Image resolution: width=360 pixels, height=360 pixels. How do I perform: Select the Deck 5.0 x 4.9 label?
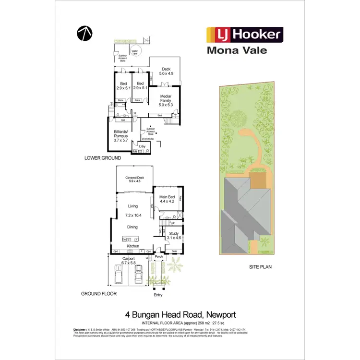point(166,71)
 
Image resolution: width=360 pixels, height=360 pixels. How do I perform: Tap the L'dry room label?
point(142,146)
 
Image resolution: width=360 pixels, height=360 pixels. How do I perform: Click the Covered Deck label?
point(135,180)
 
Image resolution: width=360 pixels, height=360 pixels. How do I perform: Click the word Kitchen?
point(133,246)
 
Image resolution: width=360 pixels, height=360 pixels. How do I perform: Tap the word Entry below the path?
point(158,295)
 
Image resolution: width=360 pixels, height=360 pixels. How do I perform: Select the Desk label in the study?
point(174,251)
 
